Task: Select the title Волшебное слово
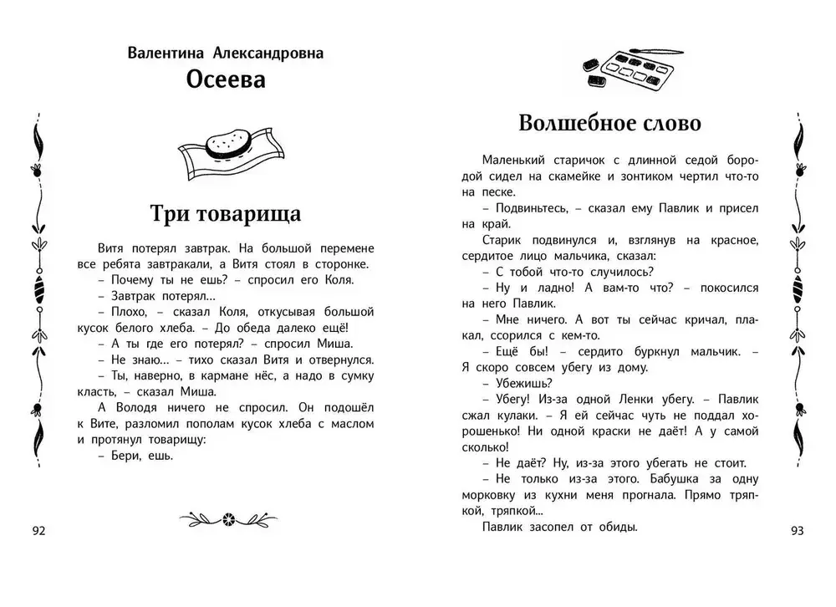609,123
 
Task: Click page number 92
39,531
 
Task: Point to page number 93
796,531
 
